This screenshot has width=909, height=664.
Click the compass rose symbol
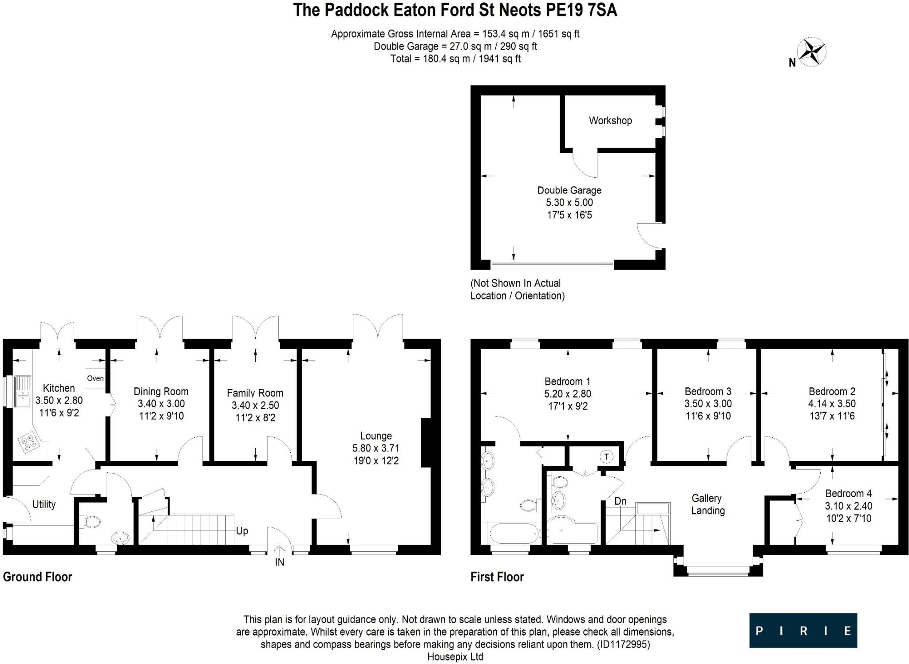(812, 52)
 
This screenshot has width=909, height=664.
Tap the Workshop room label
(610, 121)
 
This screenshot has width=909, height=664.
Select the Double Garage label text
(569, 190)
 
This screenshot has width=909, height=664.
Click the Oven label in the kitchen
(95, 378)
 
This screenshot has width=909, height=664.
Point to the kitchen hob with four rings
(28, 443)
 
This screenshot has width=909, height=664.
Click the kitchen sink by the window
(22, 391)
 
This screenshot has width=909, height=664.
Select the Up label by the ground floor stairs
(242, 531)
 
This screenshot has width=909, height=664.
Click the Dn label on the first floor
(620, 501)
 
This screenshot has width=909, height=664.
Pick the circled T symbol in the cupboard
(607, 456)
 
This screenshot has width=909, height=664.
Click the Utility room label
(44, 504)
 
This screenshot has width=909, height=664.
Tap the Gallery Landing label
(707, 504)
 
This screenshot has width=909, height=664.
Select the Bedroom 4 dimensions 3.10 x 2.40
(848, 506)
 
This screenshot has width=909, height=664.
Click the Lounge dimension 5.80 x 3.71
(376, 448)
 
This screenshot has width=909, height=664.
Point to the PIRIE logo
(803, 630)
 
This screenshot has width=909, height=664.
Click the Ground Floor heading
(37, 577)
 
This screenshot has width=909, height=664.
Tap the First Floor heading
(497, 577)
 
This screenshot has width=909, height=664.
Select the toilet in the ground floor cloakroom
(91, 522)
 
